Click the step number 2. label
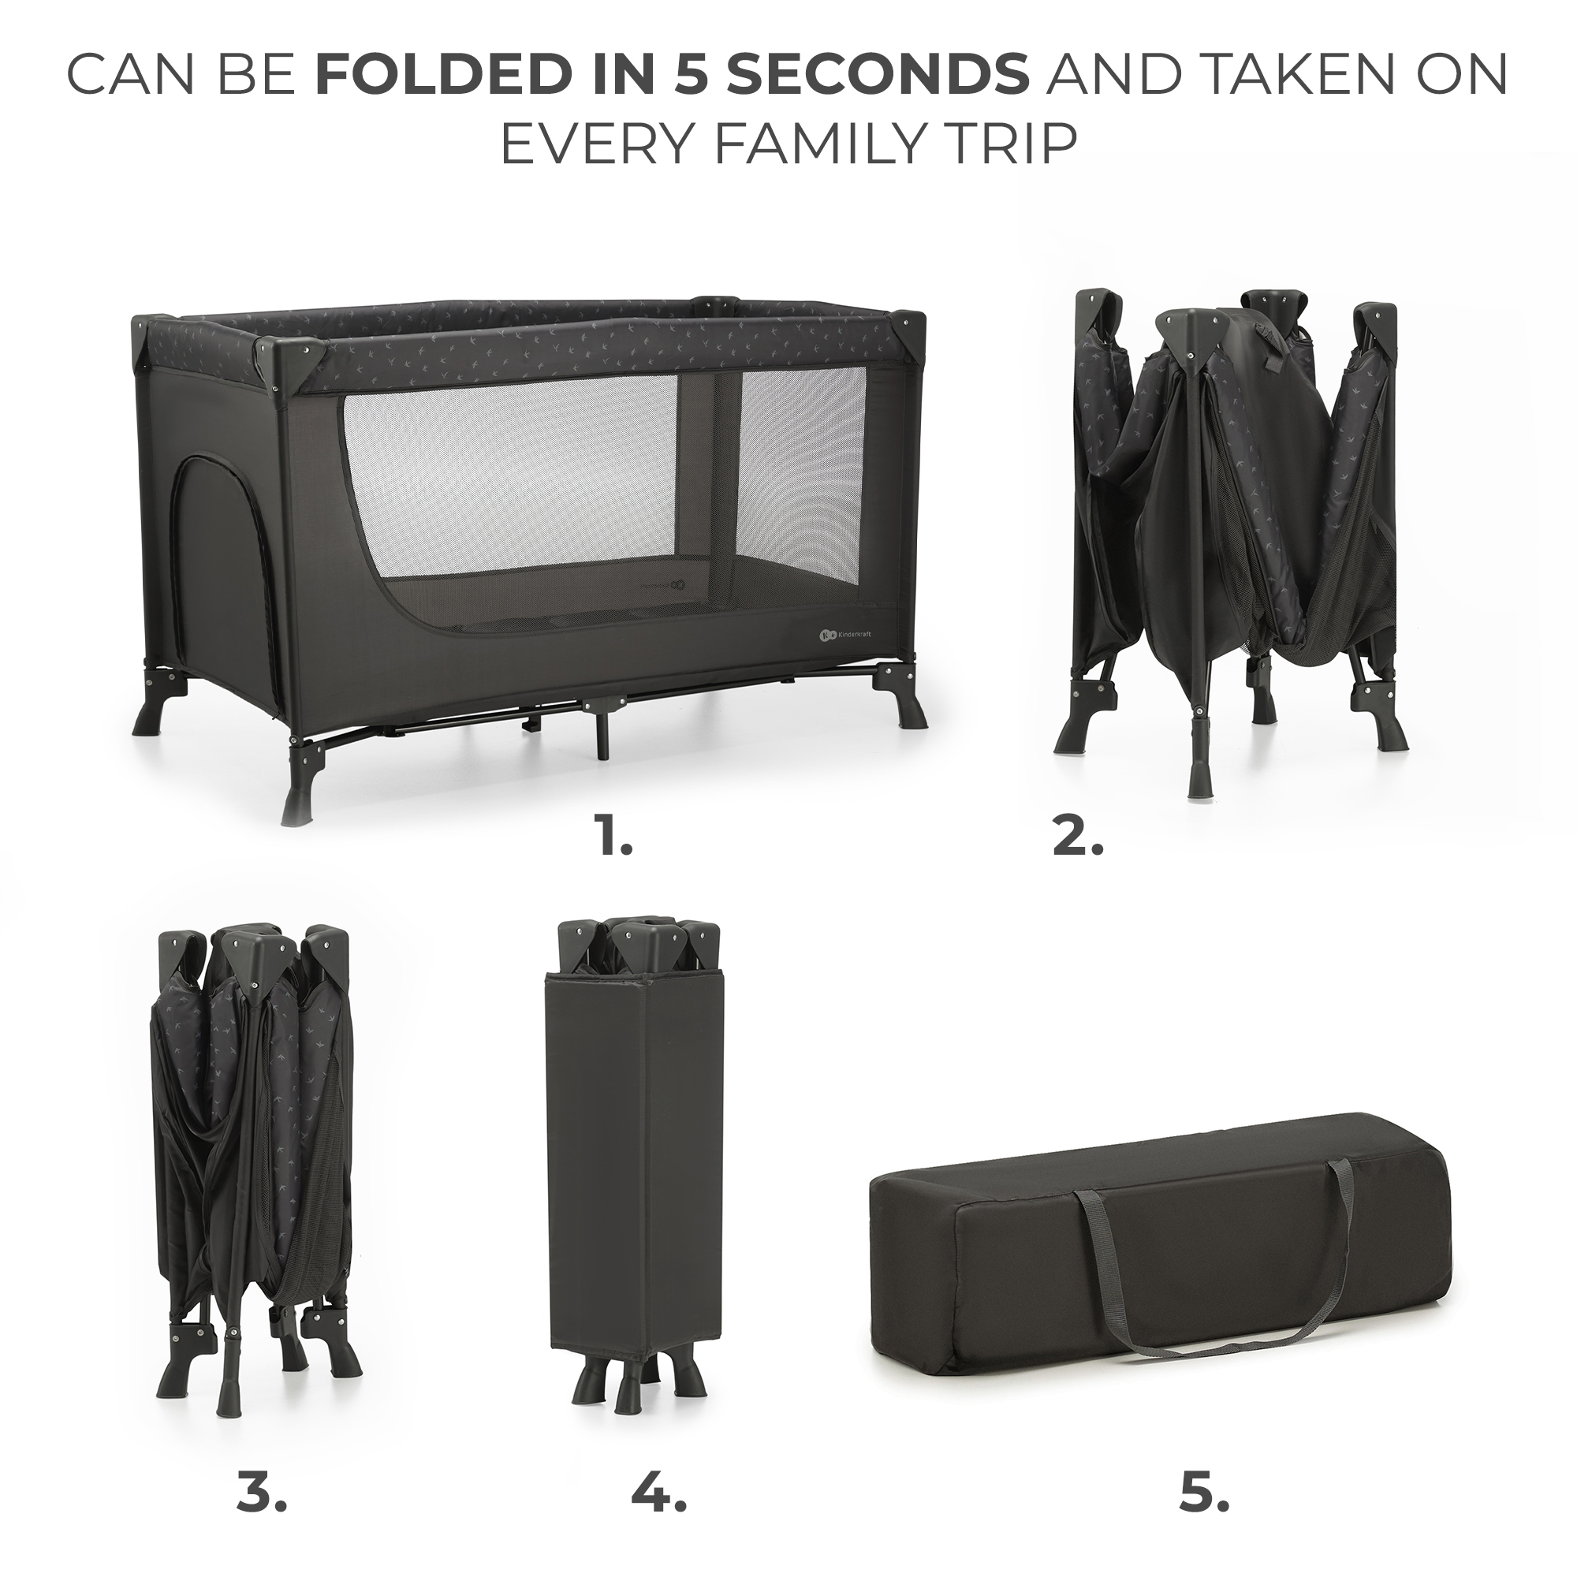coord(1077,815)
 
